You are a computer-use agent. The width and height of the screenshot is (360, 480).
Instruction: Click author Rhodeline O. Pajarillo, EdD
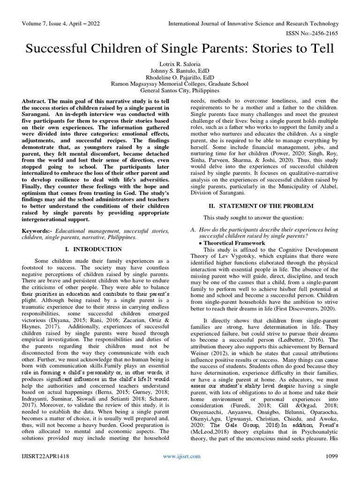(x=180, y=77)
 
